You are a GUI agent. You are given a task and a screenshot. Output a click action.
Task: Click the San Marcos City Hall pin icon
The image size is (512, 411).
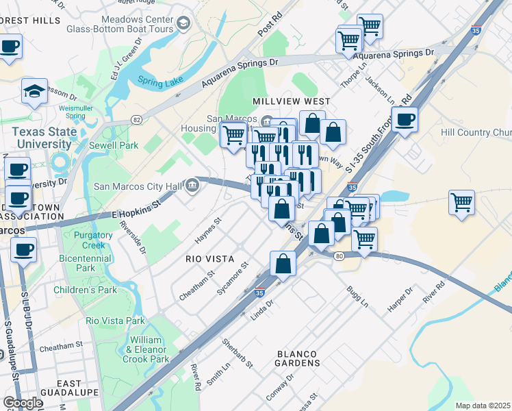(x=192, y=184)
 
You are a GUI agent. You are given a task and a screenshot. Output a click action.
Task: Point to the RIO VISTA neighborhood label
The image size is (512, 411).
(x=210, y=260)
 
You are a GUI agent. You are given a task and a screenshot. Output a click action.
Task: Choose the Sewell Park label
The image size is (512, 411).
(x=114, y=145)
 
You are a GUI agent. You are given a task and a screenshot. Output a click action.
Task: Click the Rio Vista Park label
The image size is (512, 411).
(x=116, y=321)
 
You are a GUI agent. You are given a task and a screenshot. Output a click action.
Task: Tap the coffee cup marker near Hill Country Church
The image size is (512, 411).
(x=405, y=120)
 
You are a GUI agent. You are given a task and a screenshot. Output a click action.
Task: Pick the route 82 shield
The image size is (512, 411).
(x=136, y=120)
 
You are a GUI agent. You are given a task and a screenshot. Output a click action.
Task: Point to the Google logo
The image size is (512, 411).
(x=23, y=403)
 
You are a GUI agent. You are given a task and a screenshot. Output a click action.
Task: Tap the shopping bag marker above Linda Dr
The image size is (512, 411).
(x=283, y=263)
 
